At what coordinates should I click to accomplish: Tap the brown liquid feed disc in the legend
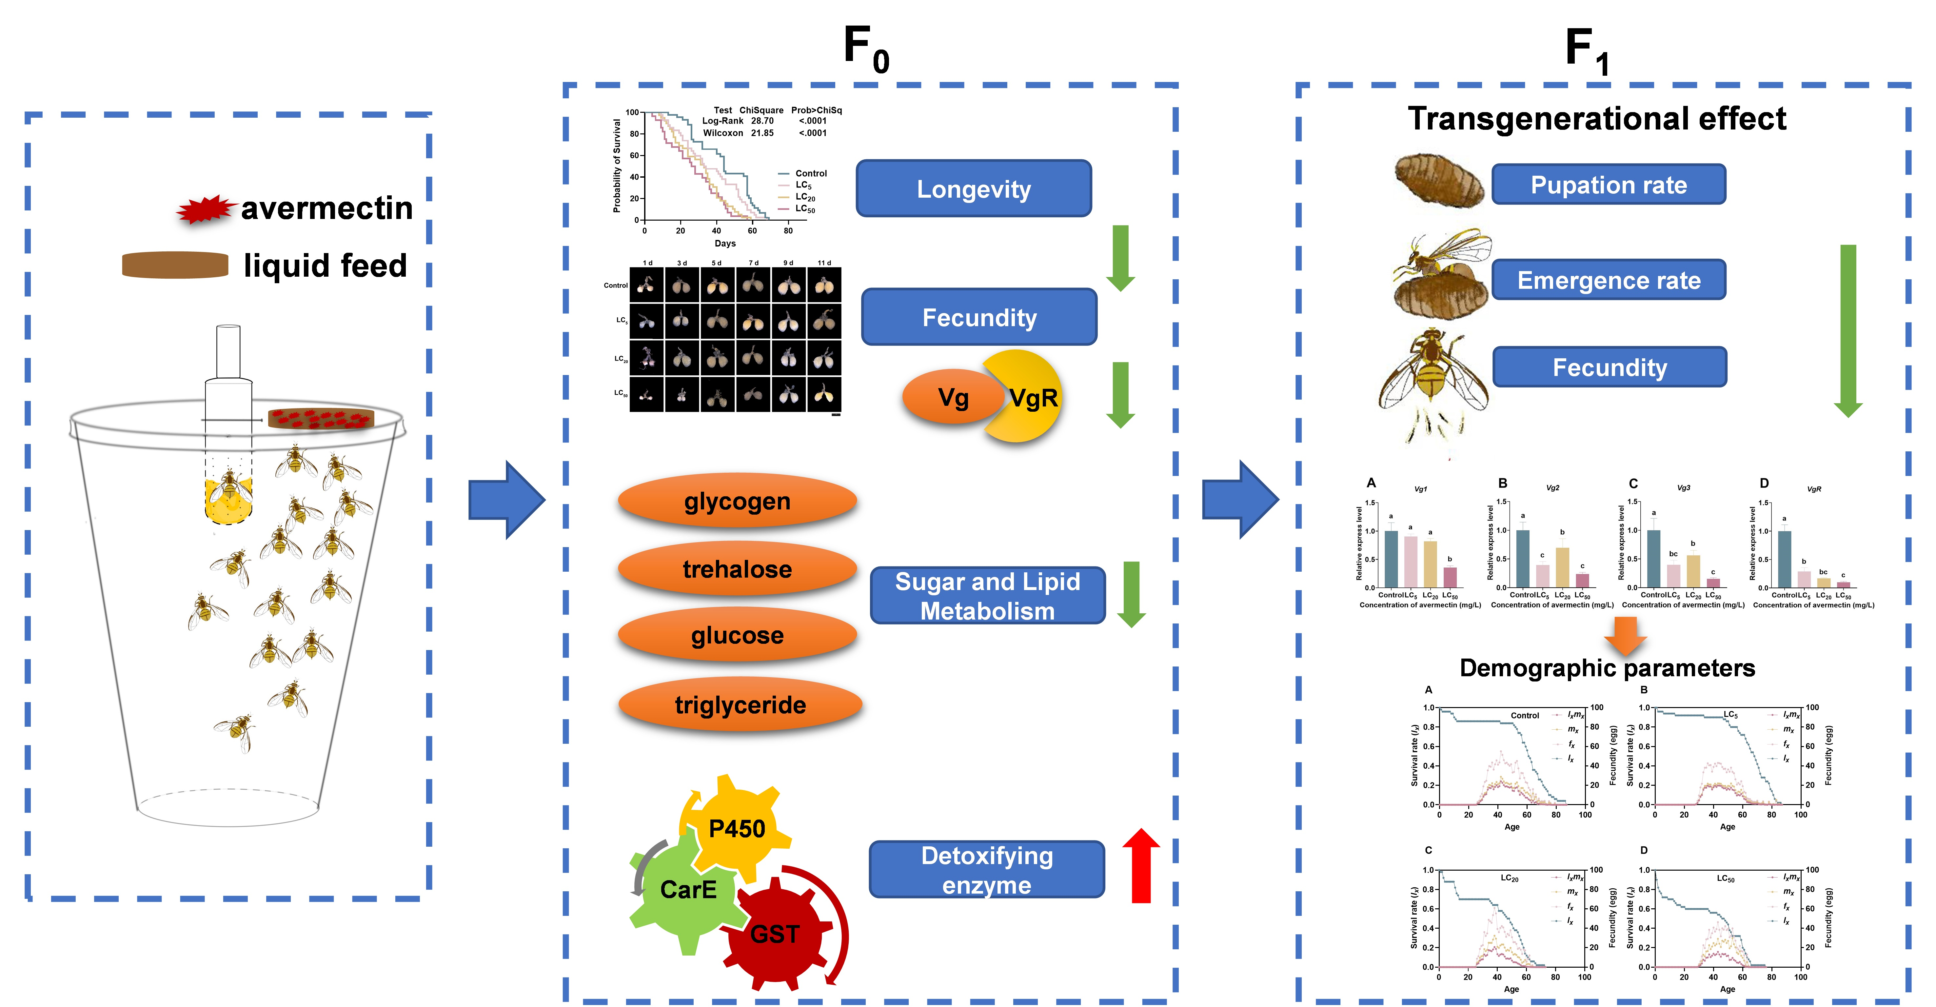(175, 265)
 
